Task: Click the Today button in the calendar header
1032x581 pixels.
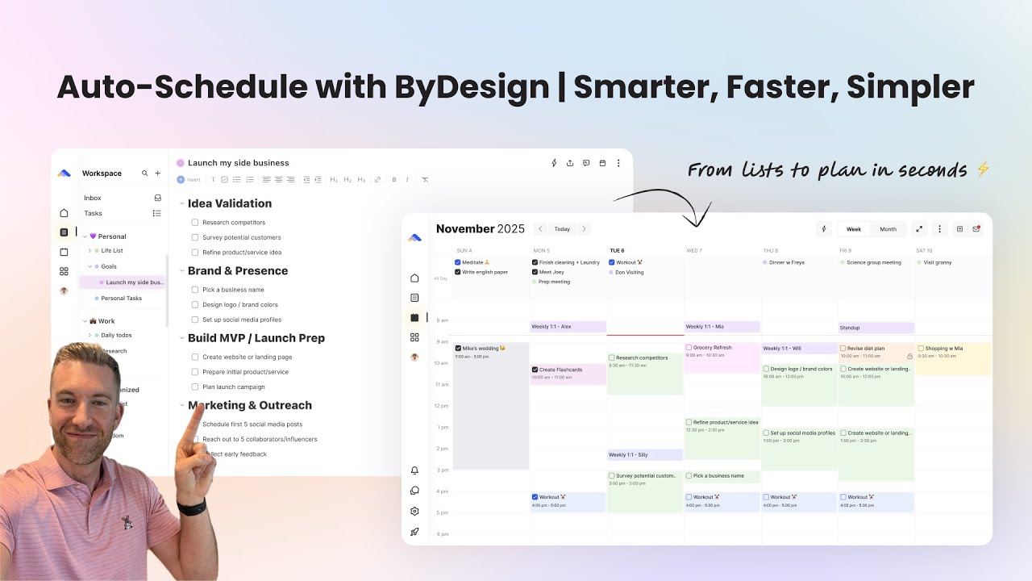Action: point(562,229)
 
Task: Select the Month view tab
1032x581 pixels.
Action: point(888,229)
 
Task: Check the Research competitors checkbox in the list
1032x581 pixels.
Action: point(195,223)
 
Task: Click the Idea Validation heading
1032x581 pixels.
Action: point(230,203)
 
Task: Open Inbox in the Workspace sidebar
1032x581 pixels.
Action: point(93,198)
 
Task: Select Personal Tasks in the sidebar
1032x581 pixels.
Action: point(121,298)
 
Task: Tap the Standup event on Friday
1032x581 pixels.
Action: point(876,328)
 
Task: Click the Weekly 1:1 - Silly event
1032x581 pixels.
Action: point(644,455)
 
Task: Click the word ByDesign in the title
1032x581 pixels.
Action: point(472,87)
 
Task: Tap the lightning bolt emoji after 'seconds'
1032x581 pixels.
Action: point(982,169)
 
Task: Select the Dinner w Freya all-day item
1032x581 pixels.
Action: point(786,262)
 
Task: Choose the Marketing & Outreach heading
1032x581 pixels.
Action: point(250,405)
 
